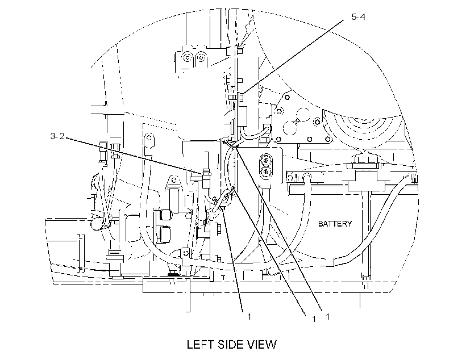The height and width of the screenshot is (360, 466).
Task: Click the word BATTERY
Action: tap(335, 224)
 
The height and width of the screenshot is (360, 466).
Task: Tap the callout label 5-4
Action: tap(358, 17)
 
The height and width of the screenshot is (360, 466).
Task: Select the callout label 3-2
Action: tap(57, 136)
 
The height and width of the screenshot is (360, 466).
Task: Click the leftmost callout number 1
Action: tap(249, 317)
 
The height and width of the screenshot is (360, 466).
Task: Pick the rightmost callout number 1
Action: tap(327, 317)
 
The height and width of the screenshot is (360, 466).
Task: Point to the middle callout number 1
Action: tap(314, 319)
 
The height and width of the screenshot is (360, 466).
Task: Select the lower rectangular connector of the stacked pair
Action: tap(165, 233)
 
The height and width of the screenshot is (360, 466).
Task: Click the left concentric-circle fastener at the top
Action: tap(187, 57)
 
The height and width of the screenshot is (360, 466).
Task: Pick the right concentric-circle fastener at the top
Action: tap(201, 57)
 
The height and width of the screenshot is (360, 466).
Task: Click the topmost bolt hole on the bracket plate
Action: tap(287, 97)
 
